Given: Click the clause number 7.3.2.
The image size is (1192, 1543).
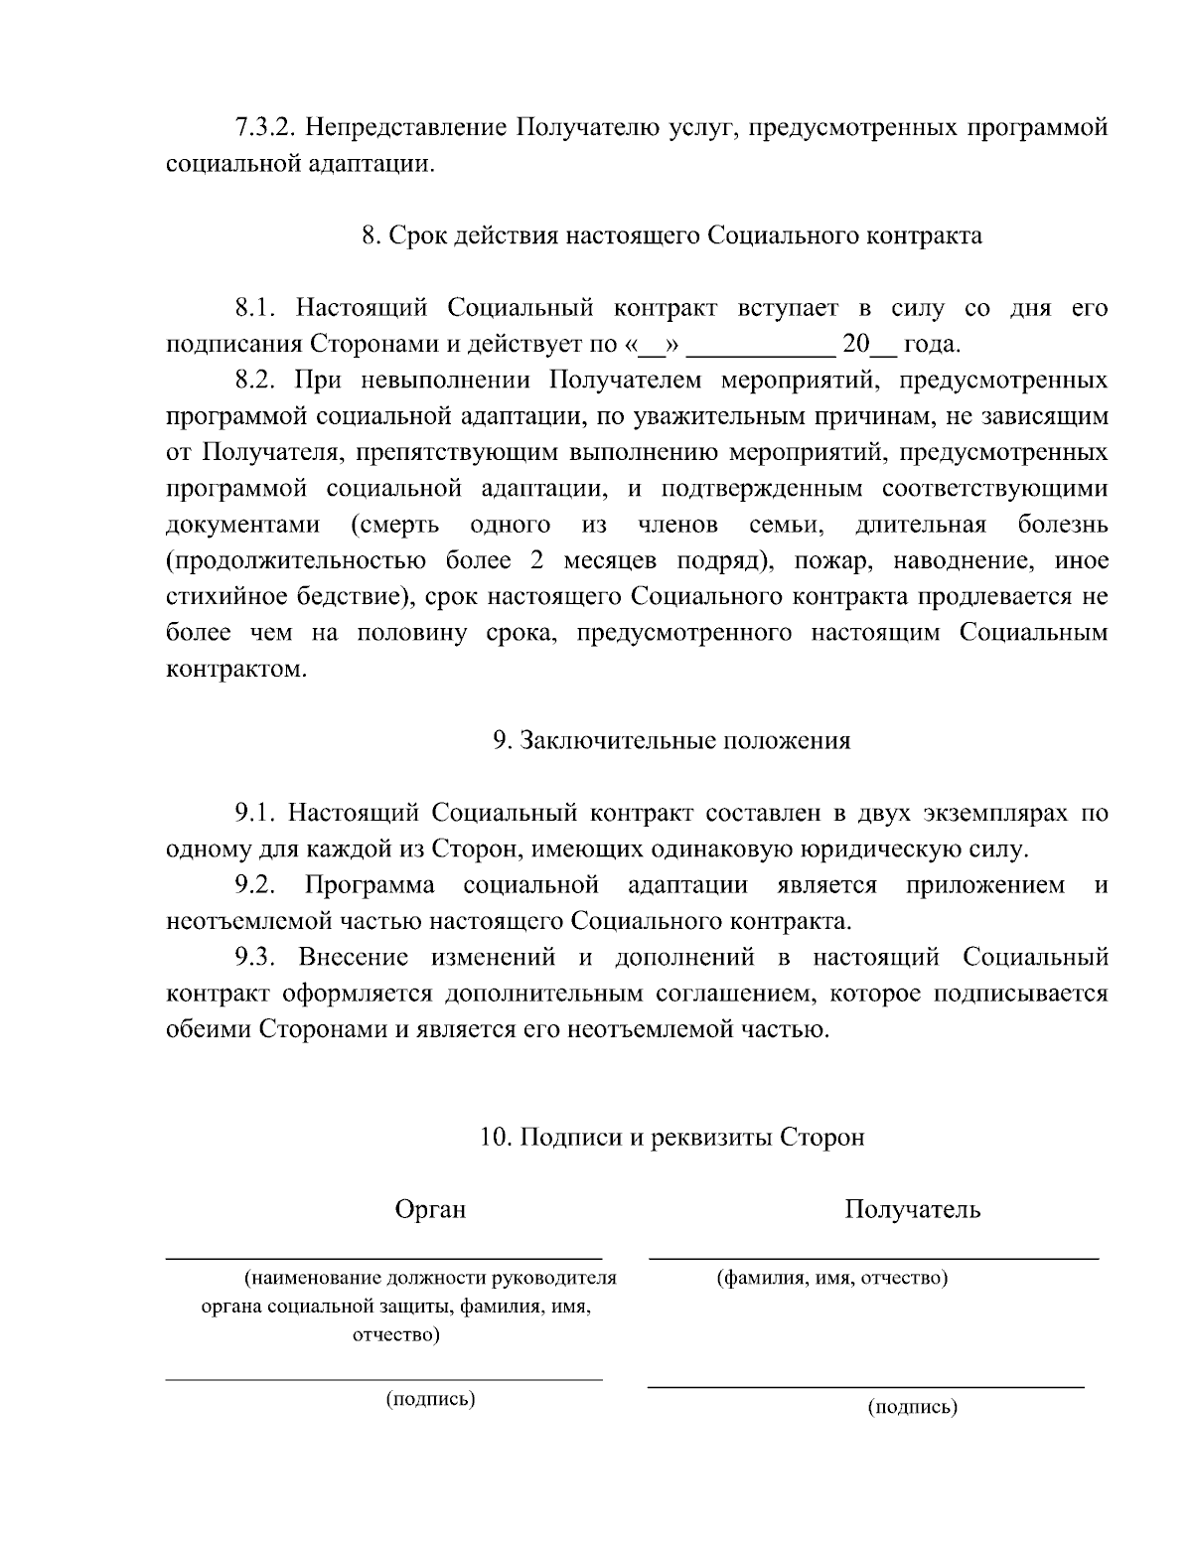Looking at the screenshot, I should [262, 128].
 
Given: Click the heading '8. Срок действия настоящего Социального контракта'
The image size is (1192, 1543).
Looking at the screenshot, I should [671, 235].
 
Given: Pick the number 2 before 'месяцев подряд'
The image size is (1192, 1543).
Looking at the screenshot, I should [536, 561].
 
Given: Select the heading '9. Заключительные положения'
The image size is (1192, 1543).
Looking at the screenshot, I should [671, 740].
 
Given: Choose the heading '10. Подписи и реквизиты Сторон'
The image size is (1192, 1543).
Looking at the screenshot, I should [671, 1137].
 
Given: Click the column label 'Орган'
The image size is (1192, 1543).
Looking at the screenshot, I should [430, 1209].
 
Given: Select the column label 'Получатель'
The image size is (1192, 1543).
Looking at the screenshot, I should [913, 1209].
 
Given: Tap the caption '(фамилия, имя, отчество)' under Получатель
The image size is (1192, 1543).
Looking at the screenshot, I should [832, 1278].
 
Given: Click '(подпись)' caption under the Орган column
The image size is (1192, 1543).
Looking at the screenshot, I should [430, 1399].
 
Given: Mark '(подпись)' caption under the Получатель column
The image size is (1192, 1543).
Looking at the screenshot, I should [912, 1407].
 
